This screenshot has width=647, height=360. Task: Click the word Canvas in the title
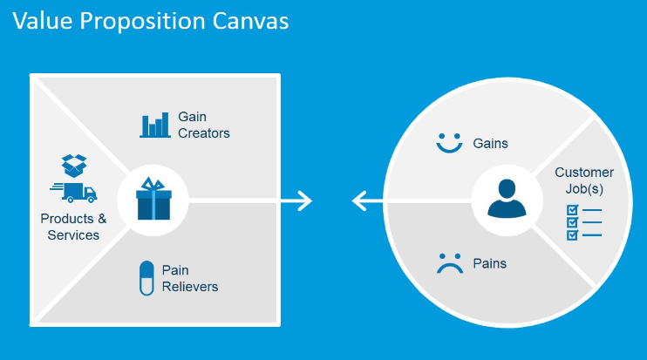tap(250, 21)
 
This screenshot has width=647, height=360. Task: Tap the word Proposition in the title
tap(142, 22)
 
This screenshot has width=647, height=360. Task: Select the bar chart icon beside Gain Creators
tap(155, 125)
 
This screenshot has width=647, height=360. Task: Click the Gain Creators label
tap(204, 125)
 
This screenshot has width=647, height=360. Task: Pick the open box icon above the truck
tap(74, 166)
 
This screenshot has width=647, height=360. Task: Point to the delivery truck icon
tap(74, 192)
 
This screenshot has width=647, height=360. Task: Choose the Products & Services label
tap(73, 227)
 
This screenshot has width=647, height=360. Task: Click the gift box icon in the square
tap(153, 199)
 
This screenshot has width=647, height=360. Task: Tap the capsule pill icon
tap(146, 278)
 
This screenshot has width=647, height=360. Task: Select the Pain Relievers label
tap(190, 278)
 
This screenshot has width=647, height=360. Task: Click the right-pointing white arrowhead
tap(304, 200)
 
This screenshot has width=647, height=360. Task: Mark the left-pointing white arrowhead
tap(359, 200)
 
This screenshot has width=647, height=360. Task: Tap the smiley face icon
tap(449, 143)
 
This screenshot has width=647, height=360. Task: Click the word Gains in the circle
tap(490, 144)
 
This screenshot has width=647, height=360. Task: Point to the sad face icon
tap(450, 263)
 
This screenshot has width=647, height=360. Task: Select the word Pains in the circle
tap(490, 263)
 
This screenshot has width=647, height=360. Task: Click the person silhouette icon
tap(507, 199)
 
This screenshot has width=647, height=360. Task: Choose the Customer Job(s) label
tap(584, 180)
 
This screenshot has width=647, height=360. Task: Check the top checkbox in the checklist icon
tap(572, 210)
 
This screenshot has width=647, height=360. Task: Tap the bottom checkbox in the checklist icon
tap(572, 235)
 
